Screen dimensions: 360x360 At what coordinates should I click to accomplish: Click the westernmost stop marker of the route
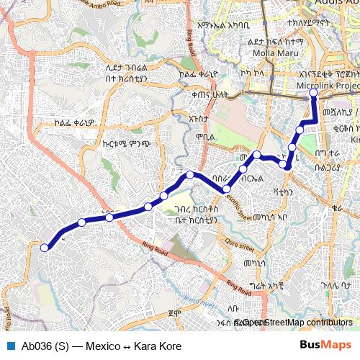point(45,248)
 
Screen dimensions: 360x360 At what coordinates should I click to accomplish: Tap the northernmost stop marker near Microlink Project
point(313,93)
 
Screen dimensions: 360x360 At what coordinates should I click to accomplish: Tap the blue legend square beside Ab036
point(10,346)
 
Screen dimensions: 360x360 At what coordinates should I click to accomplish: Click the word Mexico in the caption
point(102,346)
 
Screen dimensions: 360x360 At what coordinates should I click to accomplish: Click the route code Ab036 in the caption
point(35,346)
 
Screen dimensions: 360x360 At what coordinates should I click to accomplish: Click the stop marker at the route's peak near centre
point(190,175)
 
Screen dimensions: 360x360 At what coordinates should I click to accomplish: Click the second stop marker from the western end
point(82,222)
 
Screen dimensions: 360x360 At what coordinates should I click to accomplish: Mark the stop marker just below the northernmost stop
point(300,130)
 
